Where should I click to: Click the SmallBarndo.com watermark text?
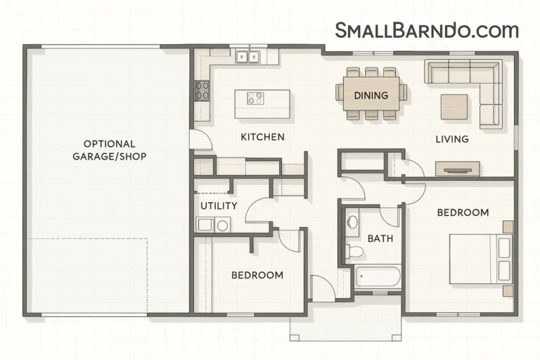[x=427, y=30]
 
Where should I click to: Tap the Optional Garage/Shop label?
[x=110, y=150]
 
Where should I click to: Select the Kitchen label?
[x=262, y=136]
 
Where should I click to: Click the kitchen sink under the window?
[x=247, y=56]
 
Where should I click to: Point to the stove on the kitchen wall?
[x=202, y=90]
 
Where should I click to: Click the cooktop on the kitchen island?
[x=255, y=98]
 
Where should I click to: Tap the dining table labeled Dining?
[x=371, y=95]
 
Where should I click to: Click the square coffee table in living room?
[x=454, y=106]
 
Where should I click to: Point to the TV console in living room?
[x=457, y=169]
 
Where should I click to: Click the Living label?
[x=451, y=139]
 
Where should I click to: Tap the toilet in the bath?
[x=356, y=251]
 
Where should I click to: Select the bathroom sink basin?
[x=352, y=224]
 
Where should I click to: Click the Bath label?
[x=380, y=238]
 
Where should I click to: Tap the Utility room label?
[x=219, y=205]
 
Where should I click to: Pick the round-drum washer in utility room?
[x=222, y=225]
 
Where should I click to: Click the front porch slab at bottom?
[x=345, y=323]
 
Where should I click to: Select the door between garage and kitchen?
[x=200, y=139]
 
